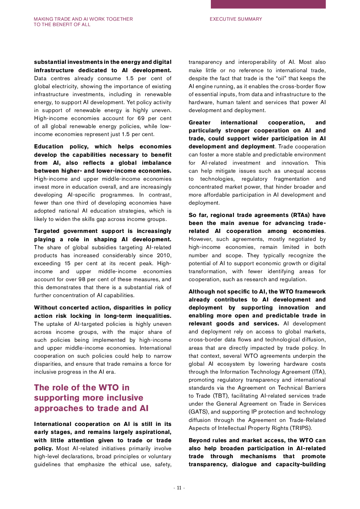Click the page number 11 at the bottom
[x=179, y=488]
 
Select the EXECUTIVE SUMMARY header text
[x=236, y=19]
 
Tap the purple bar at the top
[x=268, y=4]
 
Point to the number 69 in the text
[x=141, y=118]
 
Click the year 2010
[x=164, y=255]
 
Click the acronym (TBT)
[x=220, y=396]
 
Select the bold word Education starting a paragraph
[x=49, y=147]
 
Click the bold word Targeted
[x=46, y=231]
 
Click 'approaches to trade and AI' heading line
[x=91, y=409]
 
